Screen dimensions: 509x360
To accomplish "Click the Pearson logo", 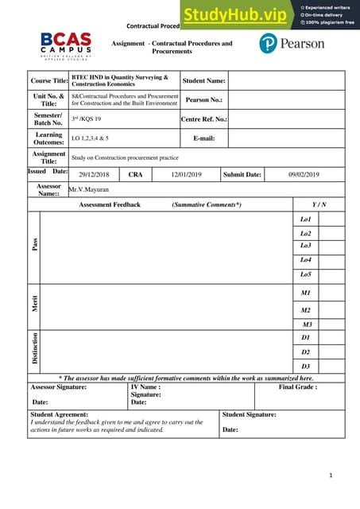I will pos(291,43).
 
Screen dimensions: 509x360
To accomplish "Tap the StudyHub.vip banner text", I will pos(236,14).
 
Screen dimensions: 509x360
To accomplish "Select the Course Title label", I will pos(49,81).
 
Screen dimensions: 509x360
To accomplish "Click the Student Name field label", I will pos(204,80).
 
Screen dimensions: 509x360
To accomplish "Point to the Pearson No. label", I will pos(204,100).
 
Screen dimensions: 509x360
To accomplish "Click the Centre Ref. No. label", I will pos(204,119).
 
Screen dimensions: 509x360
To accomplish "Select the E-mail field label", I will pos(204,138).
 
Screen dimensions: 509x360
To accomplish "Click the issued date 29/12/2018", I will pos(95,175).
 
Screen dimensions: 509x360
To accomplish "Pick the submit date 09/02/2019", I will pos(303,175).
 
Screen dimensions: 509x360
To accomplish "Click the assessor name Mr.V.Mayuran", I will pos(89,190).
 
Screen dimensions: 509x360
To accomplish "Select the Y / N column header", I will pos(319,204).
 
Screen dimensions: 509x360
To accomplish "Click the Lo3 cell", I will pos(306,246).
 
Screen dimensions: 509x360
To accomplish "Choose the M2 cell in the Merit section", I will pos(306,310).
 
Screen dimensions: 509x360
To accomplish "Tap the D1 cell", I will pos(306,337).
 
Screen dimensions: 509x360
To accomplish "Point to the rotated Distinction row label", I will pos(34,351).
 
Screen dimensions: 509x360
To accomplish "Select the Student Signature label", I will pos(250,414).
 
